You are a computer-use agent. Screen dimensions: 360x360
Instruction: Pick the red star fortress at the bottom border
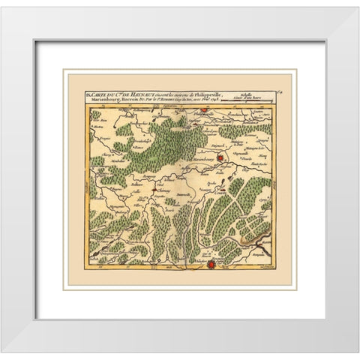point(212,263)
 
